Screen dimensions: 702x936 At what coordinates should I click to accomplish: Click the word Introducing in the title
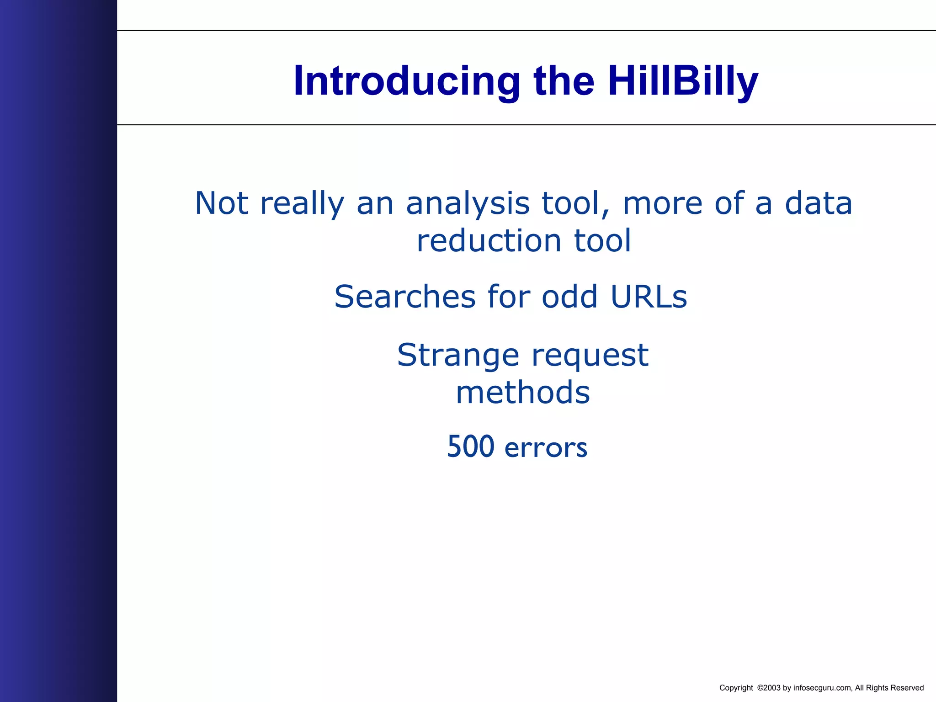(406, 81)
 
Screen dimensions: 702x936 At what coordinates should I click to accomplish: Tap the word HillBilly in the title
(683, 81)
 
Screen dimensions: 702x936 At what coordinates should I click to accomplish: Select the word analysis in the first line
(468, 203)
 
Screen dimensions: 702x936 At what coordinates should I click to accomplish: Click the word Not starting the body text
(221, 203)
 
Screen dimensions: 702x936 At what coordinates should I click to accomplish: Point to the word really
(302, 203)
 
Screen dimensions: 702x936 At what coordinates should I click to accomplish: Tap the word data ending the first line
(818, 203)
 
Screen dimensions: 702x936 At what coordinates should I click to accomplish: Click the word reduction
(489, 241)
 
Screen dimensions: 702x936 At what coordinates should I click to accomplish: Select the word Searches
(405, 297)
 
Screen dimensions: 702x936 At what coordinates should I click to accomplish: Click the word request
(590, 356)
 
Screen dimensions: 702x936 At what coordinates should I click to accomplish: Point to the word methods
(523, 393)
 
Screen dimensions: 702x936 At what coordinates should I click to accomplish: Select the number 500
(470, 447)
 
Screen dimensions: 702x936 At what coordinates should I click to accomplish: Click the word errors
(546, 448)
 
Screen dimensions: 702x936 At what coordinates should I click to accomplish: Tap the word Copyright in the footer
(736, 688)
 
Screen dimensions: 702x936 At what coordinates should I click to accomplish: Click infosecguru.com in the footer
(822, 688)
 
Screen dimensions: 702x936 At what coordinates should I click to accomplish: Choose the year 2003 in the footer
(772, 688)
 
